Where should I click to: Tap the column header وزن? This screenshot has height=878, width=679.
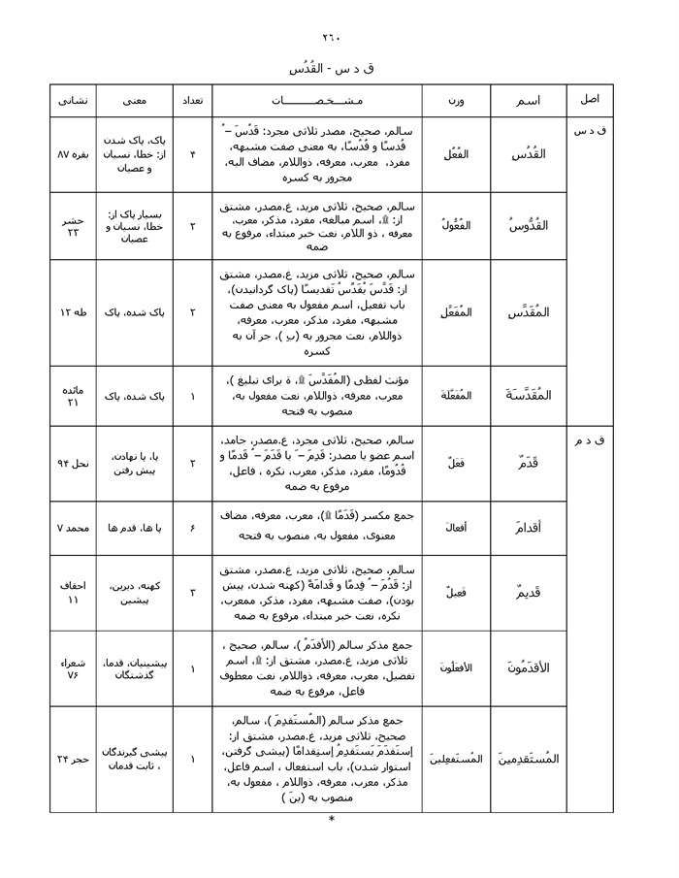(x=456, y=101)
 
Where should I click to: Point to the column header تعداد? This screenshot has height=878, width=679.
(x=192, y=101)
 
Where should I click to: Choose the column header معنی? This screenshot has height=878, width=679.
(x=135, y=101)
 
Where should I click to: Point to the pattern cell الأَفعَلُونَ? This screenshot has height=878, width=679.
(x=456, y=667)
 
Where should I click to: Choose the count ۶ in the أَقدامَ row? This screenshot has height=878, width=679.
(x=192, y=528)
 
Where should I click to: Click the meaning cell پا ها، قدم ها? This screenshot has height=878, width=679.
(x=135, y=528)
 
